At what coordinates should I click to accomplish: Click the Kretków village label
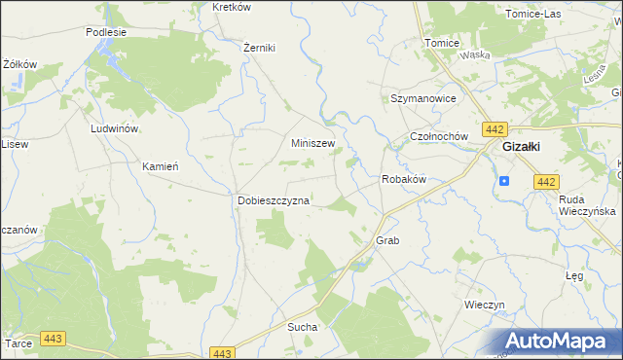click(232, 7)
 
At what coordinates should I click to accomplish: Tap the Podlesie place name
click(106, 31)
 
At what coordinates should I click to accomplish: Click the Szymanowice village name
click(423, 99)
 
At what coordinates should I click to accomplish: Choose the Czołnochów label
click(440, 137)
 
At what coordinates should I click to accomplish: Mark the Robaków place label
click(404, 180)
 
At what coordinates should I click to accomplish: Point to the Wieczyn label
click(484, 305)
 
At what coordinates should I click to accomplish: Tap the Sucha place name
click(302, 327)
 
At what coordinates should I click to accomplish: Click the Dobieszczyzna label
click(274, 200)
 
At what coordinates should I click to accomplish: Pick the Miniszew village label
click(313, 142)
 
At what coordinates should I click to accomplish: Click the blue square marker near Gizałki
click(504, 180)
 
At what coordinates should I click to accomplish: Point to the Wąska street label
click(475, 55)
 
